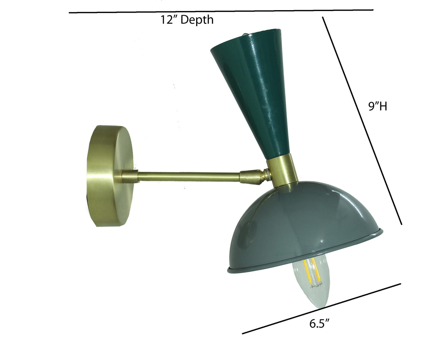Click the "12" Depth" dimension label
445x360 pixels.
coord(187,20)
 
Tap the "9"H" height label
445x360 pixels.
coord(378,107)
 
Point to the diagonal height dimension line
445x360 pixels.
coord(362,120)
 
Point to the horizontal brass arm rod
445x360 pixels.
coord(188,176)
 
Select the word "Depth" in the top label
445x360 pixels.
coord(197,20)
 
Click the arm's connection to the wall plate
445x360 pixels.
coord(129,176)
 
